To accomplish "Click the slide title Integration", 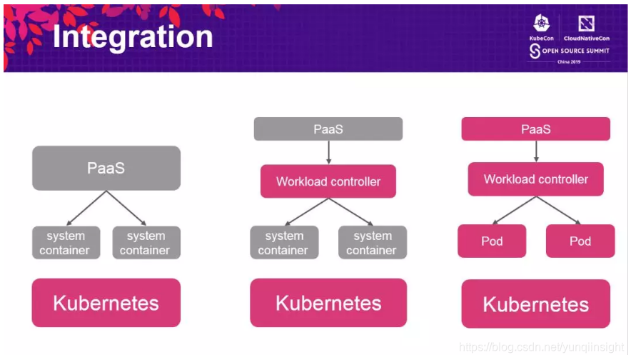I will pyautogui.click(x=133, y=37).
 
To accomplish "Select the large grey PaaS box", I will pyautogui.click(x=106, y=168).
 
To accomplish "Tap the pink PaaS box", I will pyautogui.click(x=535, y=129).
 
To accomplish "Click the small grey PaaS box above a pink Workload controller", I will pyautogui.click(x=328, y=129).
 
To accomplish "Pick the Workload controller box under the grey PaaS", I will pyautogui.click(x=328, y=181).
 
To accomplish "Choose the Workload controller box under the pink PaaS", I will pyautogui.click(x=535, y=179).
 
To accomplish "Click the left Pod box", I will pyautogui.click(x=492, y=241).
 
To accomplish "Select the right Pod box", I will pyautogui.click(x=580, y=241).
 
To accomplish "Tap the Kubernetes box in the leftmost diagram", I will pyautogui.click(x=106, y=302).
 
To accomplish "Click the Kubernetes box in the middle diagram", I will pyautogui.click(x=328, y=302).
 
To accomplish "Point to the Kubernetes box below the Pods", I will pyautogui.click(x=535, y=304).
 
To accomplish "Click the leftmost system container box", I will pyautogui.click(x=65, y=243).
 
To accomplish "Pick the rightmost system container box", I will pyautogui.click(x=372, y=243).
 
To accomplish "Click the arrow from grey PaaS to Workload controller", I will pyautogui.click(x=328, y=152).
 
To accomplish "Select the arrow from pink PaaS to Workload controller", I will pyautogui.click(x=535, y=151).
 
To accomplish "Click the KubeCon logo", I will pyautogui.click(x=541, y=28).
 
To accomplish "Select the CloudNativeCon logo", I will pyautogui.click(x=586, y=28).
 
